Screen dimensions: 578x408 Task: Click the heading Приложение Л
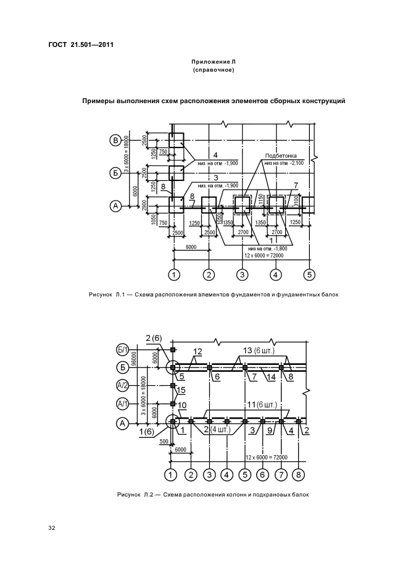pyautogui.click(x=213, y=62)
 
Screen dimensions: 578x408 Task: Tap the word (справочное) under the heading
pyautogui.click(x=213, y=71)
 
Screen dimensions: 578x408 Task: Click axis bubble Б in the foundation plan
pyautogui.click(x=115, y=173)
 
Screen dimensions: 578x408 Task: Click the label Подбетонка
pyautogui.click(x=281, y=156)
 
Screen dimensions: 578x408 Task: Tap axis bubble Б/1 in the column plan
pyautogui.click(x=122, y=350)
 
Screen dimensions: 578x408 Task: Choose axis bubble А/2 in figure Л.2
pyautogui.click(x=122, y=386)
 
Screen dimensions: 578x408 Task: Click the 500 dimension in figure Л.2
pyautogui.click(x=164, y=442)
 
